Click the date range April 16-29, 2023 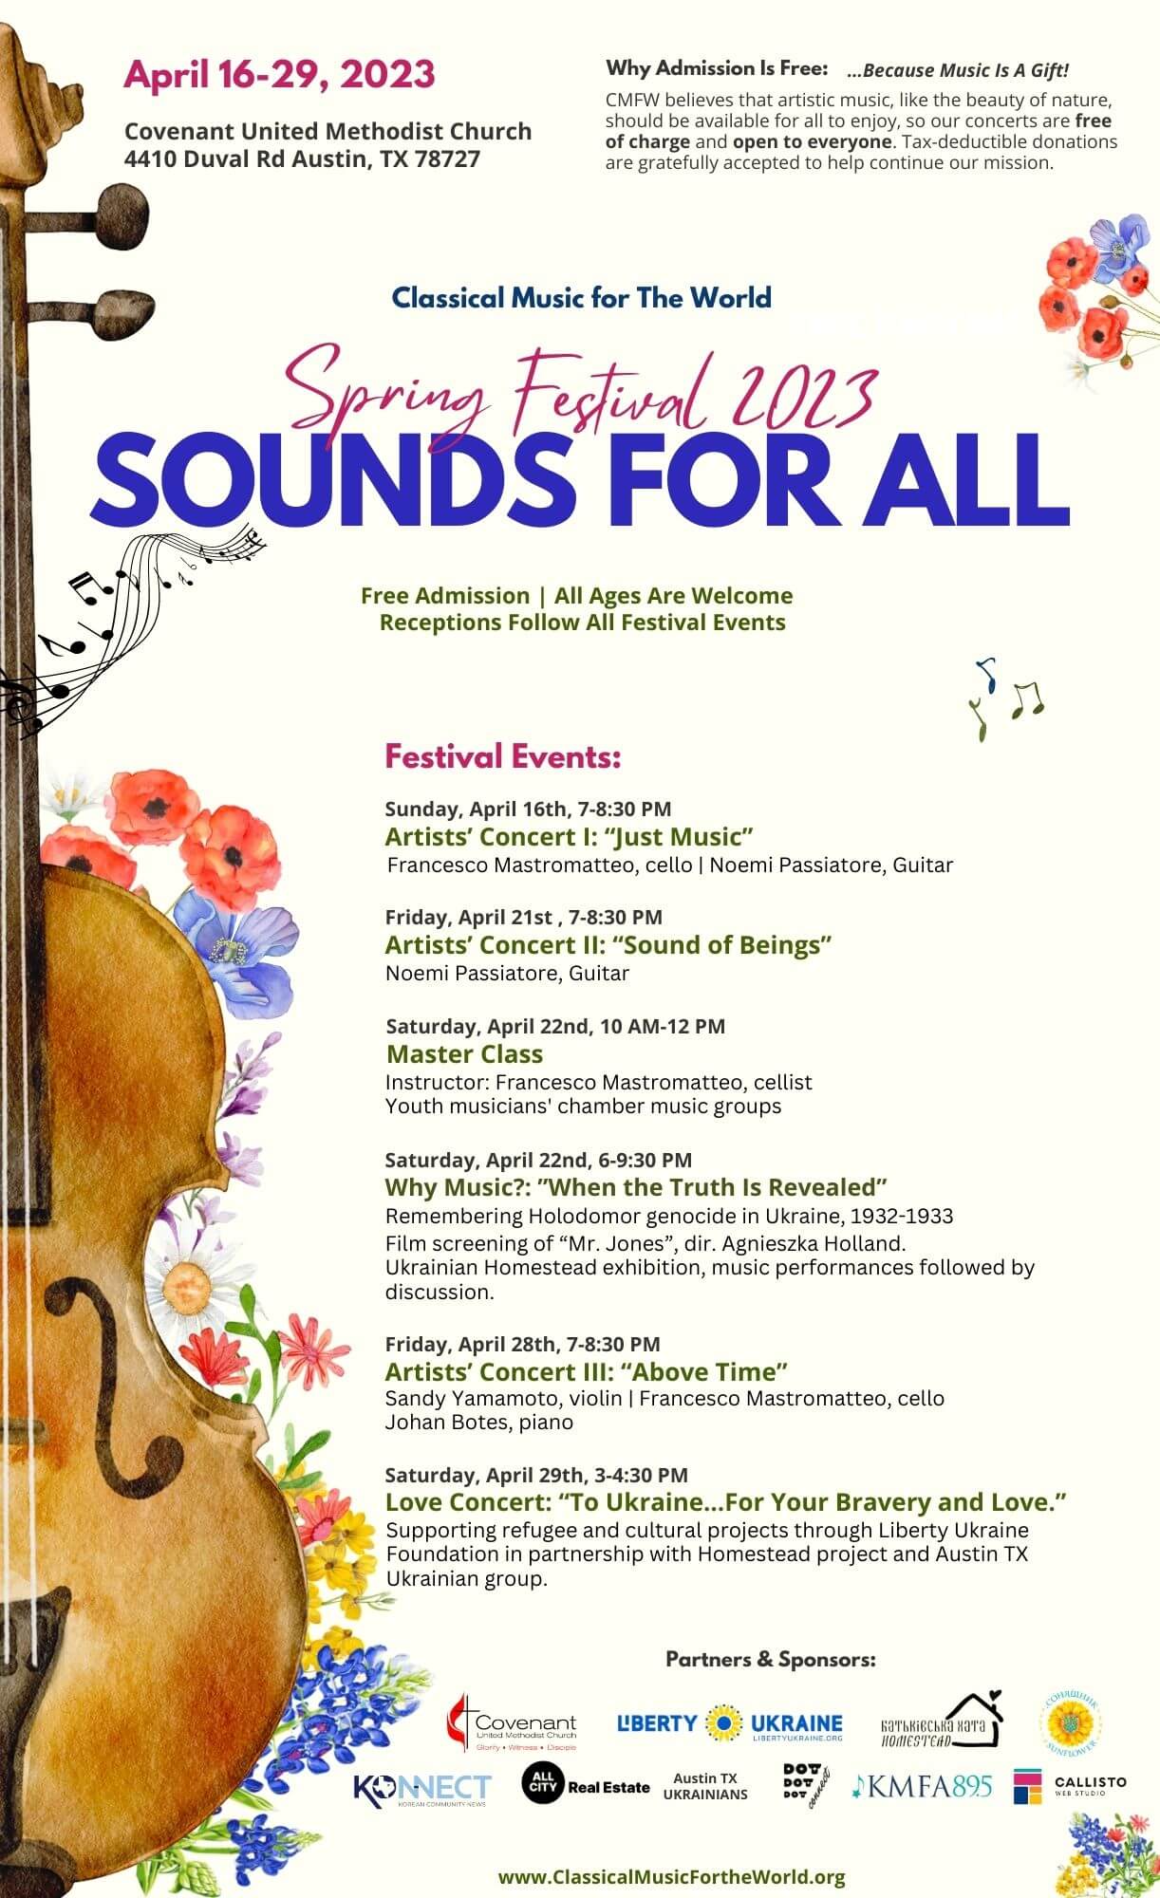(279, 75)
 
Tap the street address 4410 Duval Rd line (302, 158)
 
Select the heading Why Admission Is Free (717, 68)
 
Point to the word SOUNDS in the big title (332, 479)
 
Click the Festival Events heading (502, 757)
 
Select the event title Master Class (465, 1053)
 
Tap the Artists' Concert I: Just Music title (569, 836)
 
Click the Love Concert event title (726, 1501)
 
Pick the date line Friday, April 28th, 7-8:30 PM (522, 1343)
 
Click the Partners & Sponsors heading (770, 1659)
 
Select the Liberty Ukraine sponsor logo (729, 1723)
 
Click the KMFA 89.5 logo (922, 1786)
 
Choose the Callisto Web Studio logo (1069, 1785)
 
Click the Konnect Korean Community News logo (421, 1788)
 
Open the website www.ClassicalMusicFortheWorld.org (671, 1876)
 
